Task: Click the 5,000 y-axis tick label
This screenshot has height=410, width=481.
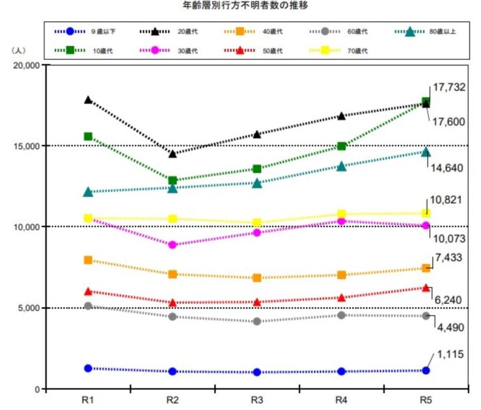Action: (29, 308)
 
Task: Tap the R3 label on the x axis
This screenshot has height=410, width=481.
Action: (257, 398)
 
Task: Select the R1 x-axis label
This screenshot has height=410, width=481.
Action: (88, 398)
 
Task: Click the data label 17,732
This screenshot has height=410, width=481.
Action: (450, 87)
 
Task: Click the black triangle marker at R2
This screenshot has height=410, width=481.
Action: (172, 154)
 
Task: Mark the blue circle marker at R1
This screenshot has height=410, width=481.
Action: (88, 368)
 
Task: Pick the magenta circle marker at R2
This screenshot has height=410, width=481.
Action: (172, 245)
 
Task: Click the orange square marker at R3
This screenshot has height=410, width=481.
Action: (256, 278)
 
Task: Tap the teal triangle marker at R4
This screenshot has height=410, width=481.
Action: (341, 166)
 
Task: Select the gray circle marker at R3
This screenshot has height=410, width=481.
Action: (256, 321)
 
